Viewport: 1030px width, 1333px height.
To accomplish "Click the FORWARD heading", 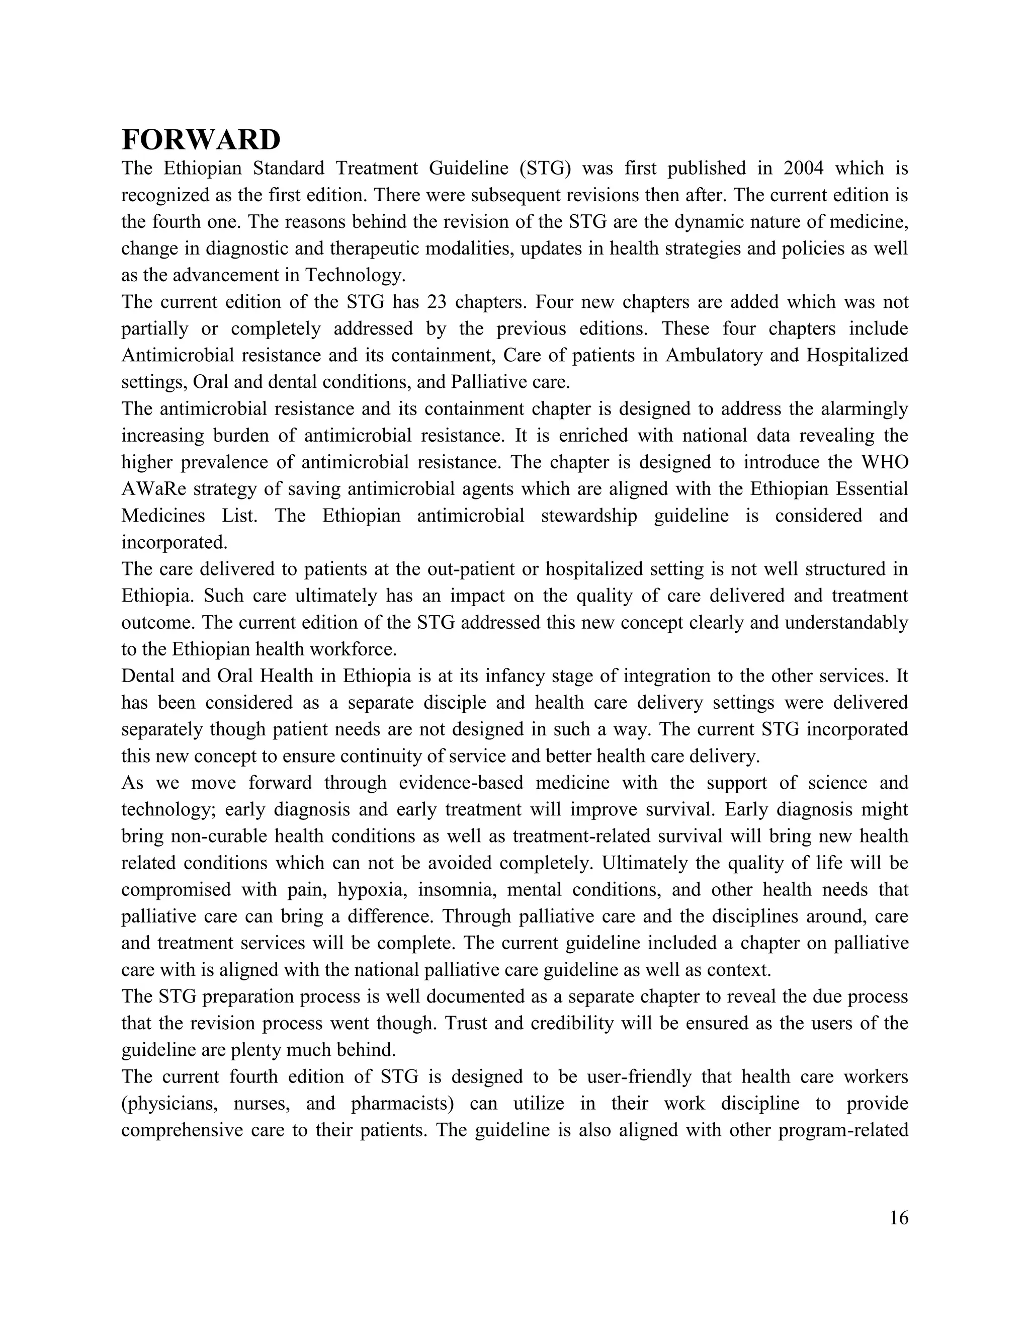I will point(201,140).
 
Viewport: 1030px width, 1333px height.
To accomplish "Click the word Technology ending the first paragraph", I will point(355,275).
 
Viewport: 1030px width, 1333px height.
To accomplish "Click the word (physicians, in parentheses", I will point(169,1104).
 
